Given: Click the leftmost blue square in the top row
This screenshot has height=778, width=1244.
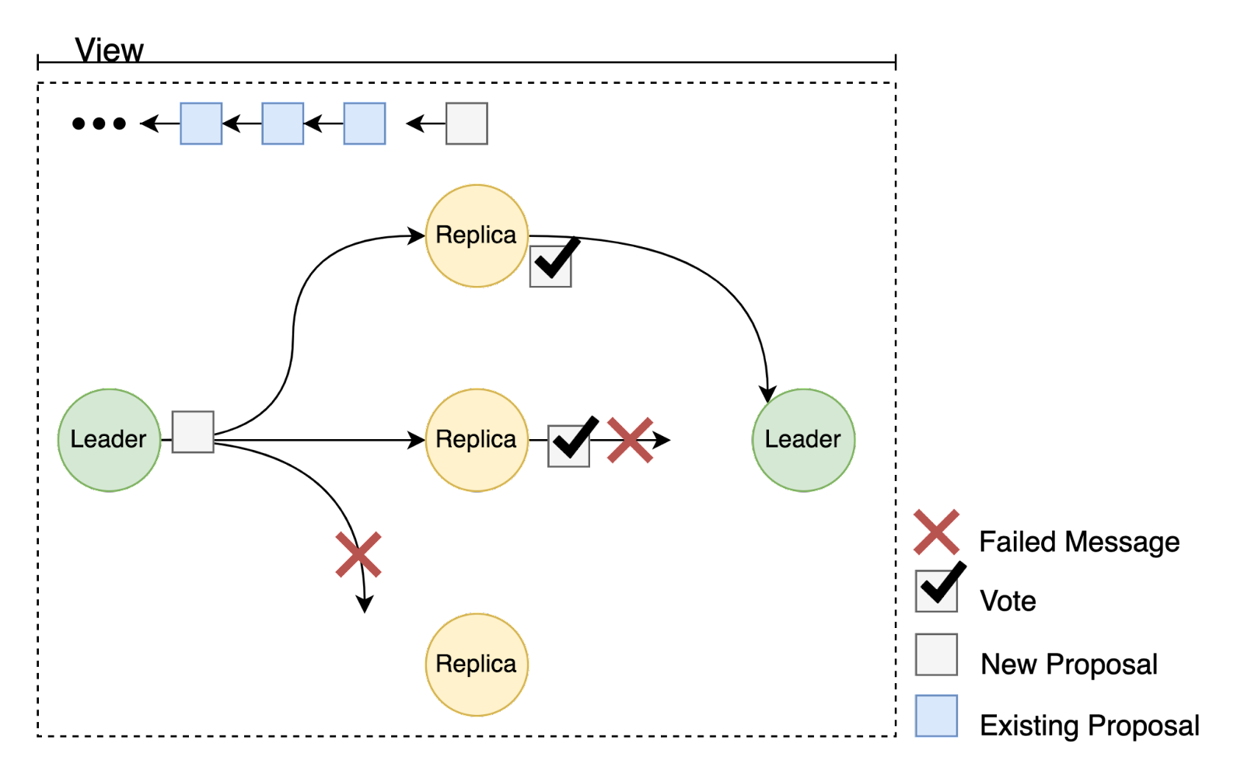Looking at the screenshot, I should (x=201, y=124).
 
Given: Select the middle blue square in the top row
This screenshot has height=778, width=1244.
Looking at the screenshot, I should (x=283, y=124).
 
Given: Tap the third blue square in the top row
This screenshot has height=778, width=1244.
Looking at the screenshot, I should (x=365, y=124).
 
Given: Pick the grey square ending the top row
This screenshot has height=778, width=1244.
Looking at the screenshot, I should (x=466, y=124).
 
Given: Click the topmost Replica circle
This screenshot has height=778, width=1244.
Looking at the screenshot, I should (x=477, y=235).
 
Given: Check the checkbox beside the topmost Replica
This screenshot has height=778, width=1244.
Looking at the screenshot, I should (x=550, y=267).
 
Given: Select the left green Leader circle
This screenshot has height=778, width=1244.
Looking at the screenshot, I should (x=109, y=440).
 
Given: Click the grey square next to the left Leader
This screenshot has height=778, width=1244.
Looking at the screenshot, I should (x=193, y=432).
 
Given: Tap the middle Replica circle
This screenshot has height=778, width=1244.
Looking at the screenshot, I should (x=477, y=440).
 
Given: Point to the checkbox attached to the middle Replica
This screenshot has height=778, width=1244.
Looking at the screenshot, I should (x=568, y=446).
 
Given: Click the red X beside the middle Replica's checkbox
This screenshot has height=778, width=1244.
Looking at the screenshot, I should (x=630, y=441).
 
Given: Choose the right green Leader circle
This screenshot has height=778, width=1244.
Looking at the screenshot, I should (x=803, y=440).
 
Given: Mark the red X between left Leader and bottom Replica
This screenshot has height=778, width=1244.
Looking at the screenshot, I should (x=358, y=555).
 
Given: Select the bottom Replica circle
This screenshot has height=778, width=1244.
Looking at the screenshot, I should (x=477, y=665).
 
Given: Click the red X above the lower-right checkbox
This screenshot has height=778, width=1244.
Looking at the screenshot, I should (x=937, y=532).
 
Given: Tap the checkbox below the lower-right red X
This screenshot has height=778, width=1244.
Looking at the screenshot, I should (x=936, y=591).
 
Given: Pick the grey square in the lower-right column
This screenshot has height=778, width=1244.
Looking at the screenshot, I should (x=936, y=654).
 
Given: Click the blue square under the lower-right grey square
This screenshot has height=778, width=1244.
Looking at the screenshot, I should (x=936, y=716).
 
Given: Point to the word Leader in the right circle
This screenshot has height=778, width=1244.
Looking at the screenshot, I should (x=802, y=440).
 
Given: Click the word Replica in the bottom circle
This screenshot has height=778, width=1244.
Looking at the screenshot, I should (x=476, y=665).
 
